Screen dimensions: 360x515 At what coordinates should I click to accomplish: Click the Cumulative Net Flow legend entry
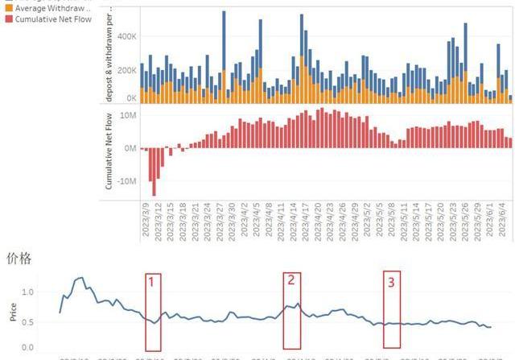point(48,19)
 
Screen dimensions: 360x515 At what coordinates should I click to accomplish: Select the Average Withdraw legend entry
point(48,7)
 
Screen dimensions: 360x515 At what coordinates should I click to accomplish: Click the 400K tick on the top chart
point(126,36)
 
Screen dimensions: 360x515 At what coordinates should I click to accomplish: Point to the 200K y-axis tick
point(126,70)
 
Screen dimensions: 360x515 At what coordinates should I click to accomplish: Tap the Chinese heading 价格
point(20,259)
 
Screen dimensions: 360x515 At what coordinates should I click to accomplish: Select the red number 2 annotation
point(291,279)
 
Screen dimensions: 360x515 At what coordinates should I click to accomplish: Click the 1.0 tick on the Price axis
point(27,292)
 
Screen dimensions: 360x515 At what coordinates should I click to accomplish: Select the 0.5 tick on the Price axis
point(27,321)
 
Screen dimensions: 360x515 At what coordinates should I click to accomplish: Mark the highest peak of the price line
point(80,278)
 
